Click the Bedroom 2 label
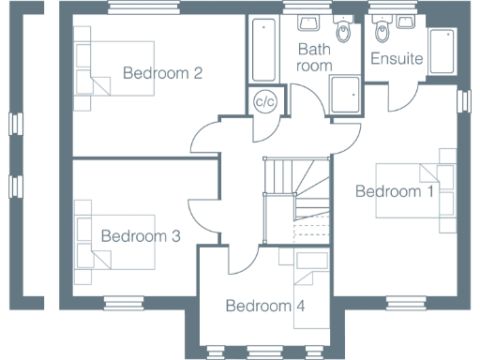coord(164,73)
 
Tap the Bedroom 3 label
coord(141,236)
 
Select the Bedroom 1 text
coord(395,192)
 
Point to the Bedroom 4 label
coord(264,306)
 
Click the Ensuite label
coord(397,59)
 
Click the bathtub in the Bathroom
coord(262,50)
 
